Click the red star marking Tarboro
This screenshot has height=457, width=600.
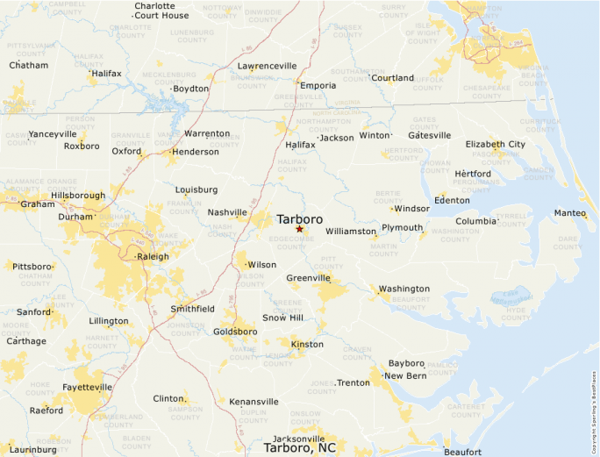299,229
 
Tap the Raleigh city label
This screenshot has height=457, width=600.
155,257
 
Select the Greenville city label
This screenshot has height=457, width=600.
308,278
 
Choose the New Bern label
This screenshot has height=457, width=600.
404,375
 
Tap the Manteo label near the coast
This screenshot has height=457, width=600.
569,213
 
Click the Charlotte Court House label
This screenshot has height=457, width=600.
161,11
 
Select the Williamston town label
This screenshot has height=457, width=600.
350,231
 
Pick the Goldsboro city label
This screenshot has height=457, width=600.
235,332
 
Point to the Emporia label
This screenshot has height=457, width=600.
318,86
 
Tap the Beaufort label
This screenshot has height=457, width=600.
462,452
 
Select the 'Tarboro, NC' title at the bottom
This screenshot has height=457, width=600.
300,448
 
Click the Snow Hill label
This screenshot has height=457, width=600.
282,318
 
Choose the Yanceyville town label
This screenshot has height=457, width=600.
53,134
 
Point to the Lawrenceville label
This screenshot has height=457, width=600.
268,66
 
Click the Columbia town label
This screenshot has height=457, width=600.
475,221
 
